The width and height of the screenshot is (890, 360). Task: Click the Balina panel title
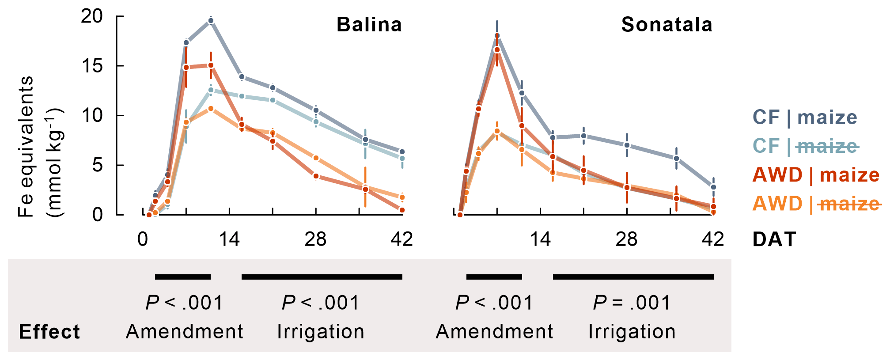pos(369,25)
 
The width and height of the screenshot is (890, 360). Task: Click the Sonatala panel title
pos(667,25)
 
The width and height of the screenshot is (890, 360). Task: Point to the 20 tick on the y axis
pos(92,16)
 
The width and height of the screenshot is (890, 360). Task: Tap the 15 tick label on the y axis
pos(92,66)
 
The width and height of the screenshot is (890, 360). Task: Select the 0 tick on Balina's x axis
pos(143,239)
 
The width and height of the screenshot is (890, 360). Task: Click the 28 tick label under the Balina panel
pos(315,239)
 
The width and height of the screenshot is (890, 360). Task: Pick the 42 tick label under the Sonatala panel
pos(713,239)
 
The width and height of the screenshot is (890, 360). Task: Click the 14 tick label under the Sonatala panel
pos(540,239)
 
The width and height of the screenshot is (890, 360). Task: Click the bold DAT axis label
pos(774,239)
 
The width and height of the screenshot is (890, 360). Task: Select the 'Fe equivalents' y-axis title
pos(26,146)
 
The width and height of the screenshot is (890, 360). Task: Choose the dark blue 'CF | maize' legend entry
pos(805,117)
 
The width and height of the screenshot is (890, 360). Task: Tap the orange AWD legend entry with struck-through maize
pos(815,204)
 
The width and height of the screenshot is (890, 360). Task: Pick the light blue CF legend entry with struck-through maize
pos(805,146)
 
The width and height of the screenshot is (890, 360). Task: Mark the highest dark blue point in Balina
pos(211,21)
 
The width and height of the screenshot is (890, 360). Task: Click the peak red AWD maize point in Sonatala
pos(497,50)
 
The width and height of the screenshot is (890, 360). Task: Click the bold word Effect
pos(49,332)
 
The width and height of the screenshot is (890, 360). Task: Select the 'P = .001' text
pos(632,303)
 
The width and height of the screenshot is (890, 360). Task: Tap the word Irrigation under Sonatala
pos(632,332)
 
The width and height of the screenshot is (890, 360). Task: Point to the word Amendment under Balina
pos(184,332)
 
